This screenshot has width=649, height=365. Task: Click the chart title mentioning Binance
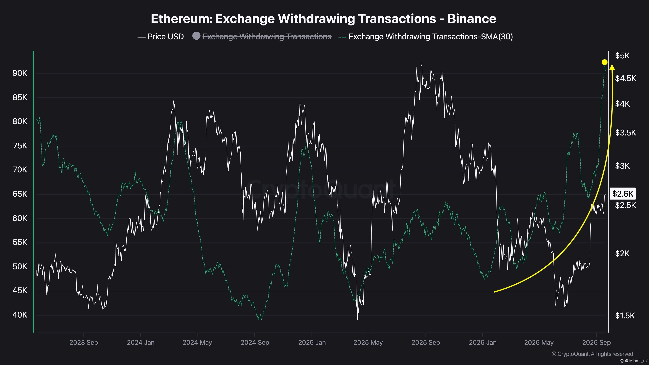[x=324, y=19]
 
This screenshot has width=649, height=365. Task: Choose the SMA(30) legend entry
[x=426, y=37]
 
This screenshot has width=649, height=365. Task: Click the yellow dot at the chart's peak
[x=604, y=62]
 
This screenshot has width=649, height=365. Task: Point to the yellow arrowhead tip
[x=612, y=65]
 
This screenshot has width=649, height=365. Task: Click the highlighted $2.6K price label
[x=623, y=194]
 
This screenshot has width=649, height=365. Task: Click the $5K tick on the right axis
[x=622, y=56]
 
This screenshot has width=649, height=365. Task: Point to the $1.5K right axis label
[x=625, y=315]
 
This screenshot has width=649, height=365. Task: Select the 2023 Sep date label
[x=84, y=343]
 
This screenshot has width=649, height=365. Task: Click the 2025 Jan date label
[x=312, y=343]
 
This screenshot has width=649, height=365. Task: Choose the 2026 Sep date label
[x=596, y=343]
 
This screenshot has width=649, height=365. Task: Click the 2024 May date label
[x=197, y=343]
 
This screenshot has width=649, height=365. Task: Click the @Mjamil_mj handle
[x=633, y=361]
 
